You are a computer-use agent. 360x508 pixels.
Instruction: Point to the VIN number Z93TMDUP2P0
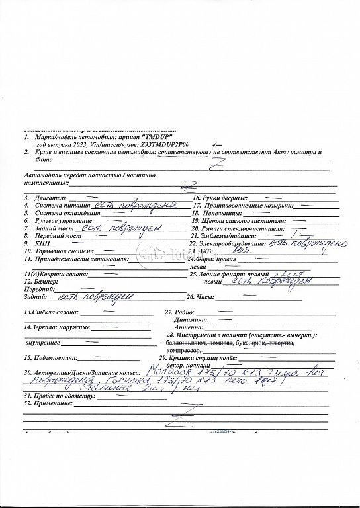[x=164, y=143]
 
